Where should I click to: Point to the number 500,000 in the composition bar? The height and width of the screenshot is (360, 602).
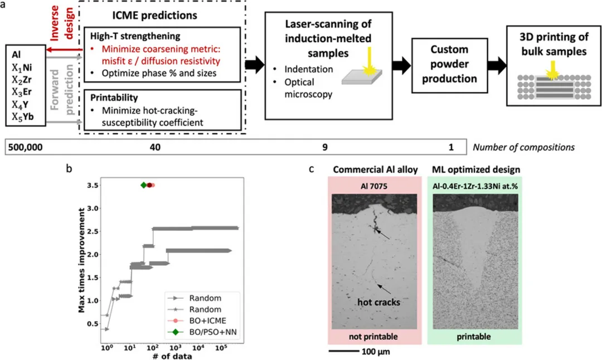pyautogui.click(x=26, y=148)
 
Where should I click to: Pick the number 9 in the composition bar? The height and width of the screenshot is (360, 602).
pyautogui.click(x=325, y=148)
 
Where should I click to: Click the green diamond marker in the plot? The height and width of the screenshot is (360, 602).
pyautogui.click(x=143, y=185)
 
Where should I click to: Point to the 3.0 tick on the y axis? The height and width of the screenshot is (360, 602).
pyautogui.click(x=95, y=208)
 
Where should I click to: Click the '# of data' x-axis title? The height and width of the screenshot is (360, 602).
pyautogui.click(x=167, y=356)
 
